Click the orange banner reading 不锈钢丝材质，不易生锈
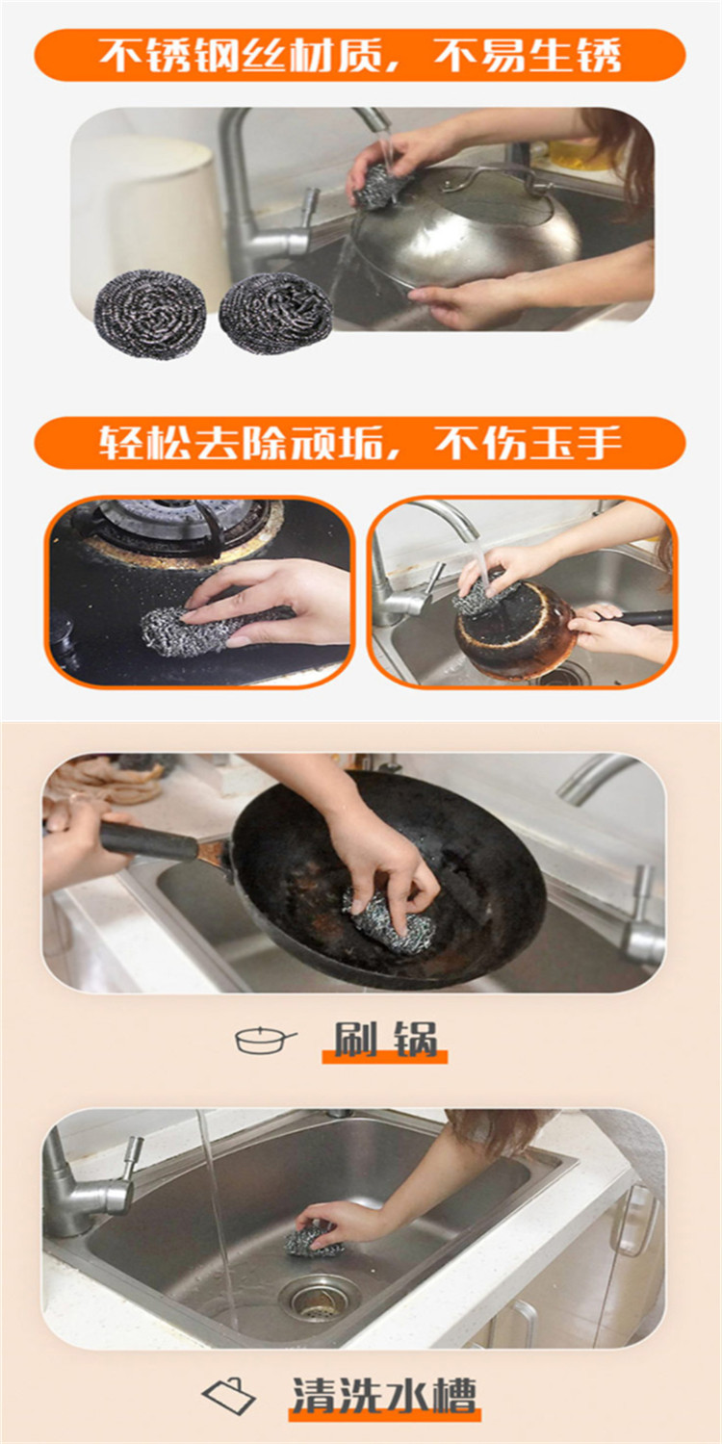point(360,55)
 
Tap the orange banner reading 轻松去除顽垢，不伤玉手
point(360,443)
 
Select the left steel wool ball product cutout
point(150,314)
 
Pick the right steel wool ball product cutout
point(276,313)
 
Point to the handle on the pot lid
point(489,178)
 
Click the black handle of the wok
point(148,840)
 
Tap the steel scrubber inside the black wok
point(389,920)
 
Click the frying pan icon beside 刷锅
point(266,1039)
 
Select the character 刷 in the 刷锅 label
point(353,1039)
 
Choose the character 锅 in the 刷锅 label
point(417,1039)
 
